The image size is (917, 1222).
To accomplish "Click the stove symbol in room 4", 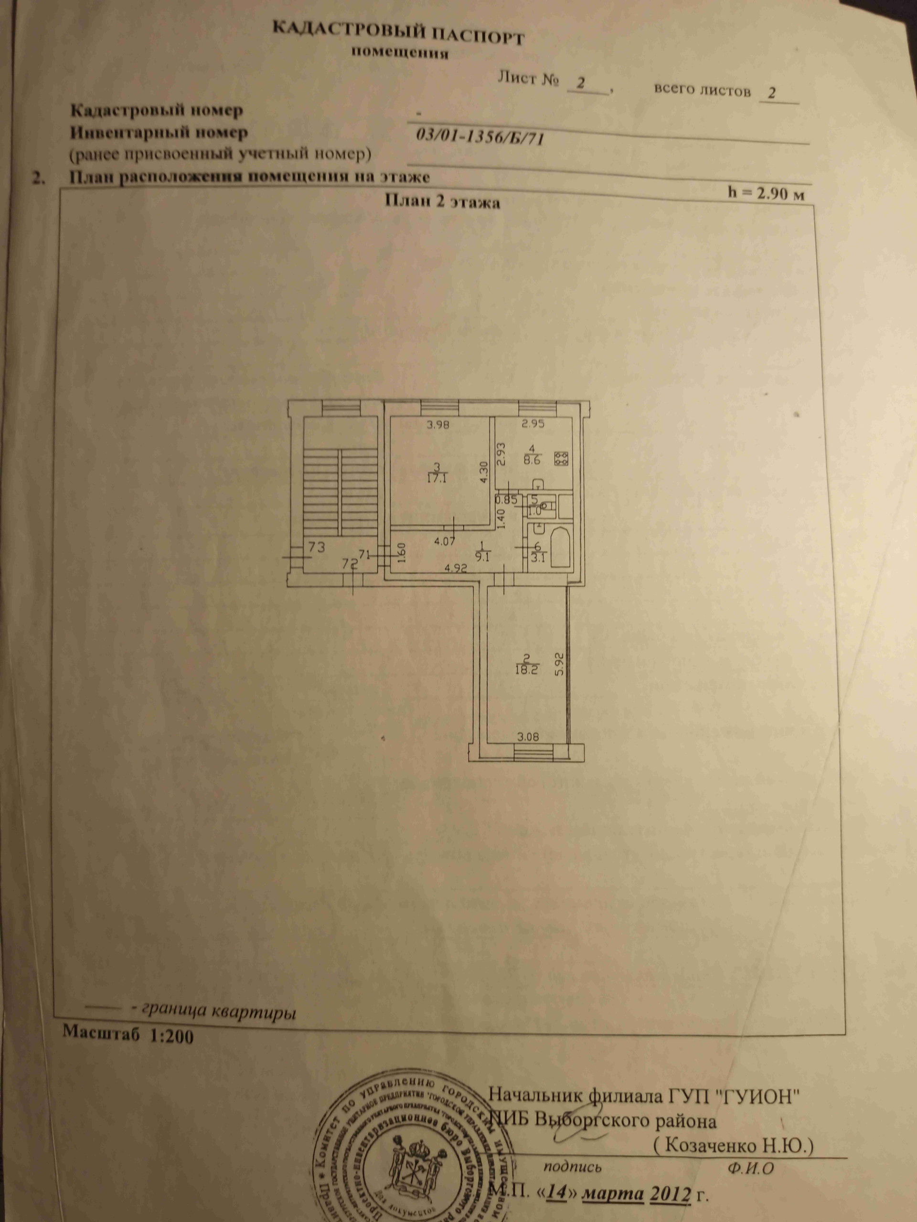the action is tap(562, 457).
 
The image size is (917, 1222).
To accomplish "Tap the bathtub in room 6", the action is tap(559, 548).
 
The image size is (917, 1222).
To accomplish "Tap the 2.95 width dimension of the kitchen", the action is tap(533, 425).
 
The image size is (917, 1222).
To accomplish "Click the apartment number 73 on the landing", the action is tap(316, 547).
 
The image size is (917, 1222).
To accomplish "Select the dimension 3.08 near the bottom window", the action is tap(527, 737).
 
